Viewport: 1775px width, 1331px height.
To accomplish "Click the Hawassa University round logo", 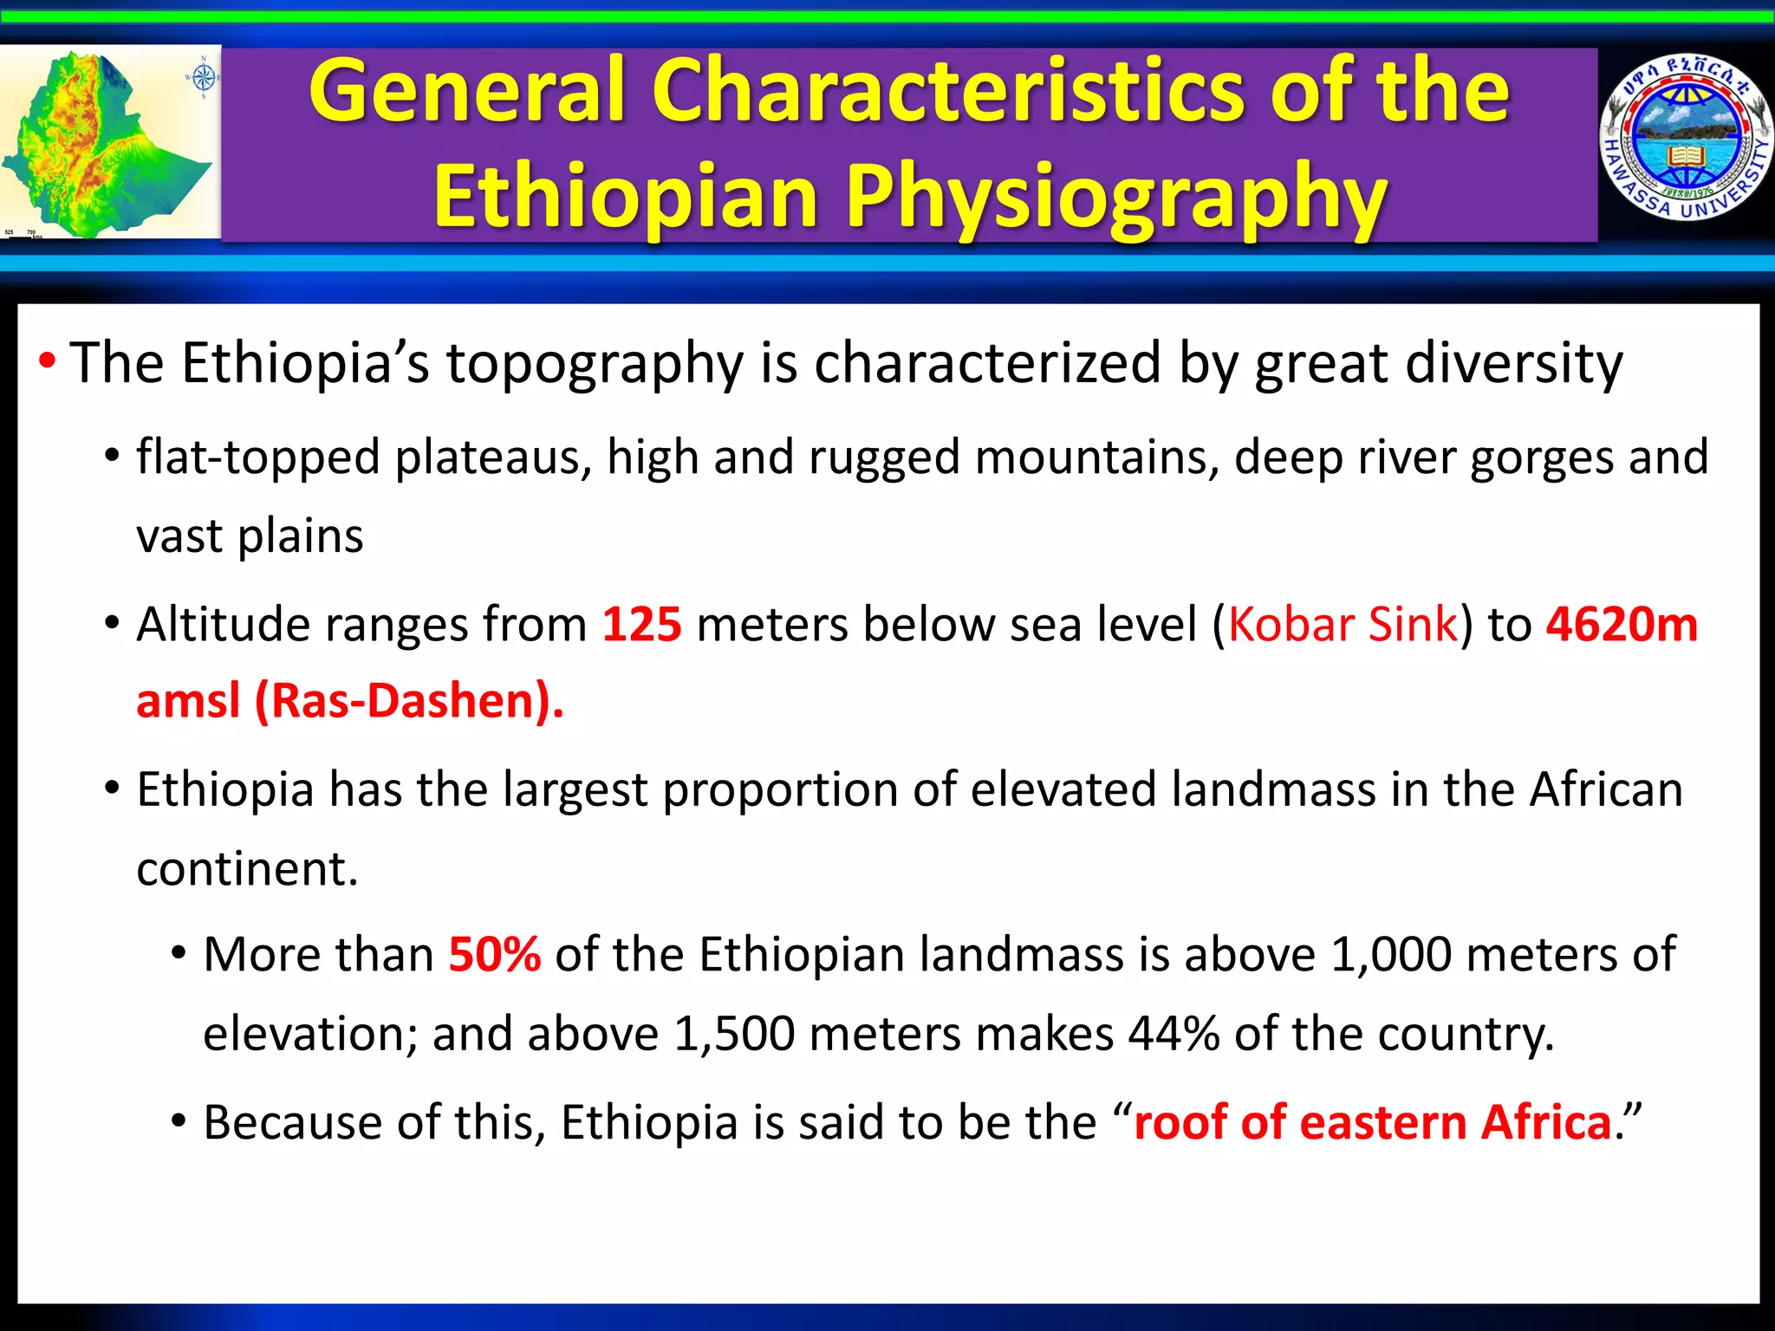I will tap(1685, 139).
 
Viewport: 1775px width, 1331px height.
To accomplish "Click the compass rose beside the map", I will tap(203, 78).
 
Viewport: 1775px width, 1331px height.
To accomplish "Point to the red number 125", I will tap(641, 624).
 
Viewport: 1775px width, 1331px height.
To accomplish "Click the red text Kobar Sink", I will tap(1343, 624).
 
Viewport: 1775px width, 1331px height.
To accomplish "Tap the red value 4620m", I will tap(1622, 624).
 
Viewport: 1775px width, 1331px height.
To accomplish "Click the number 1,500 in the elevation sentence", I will tap(733, 1034).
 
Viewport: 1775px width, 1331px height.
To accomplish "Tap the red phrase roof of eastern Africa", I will tap(1372, 1122).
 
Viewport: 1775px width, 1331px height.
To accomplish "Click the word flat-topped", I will tap(257, 458).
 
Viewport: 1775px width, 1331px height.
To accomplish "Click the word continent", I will tap(246, 869).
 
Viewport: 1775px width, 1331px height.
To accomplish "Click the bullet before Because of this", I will tap(179, 1122).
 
